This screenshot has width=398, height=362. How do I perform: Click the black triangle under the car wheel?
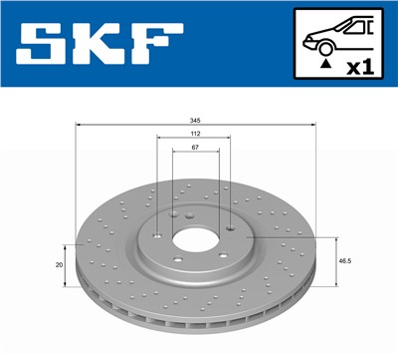coord(325,63)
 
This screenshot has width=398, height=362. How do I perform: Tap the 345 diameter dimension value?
coord(196,119)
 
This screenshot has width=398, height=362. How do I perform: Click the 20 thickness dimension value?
coord(60,264)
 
